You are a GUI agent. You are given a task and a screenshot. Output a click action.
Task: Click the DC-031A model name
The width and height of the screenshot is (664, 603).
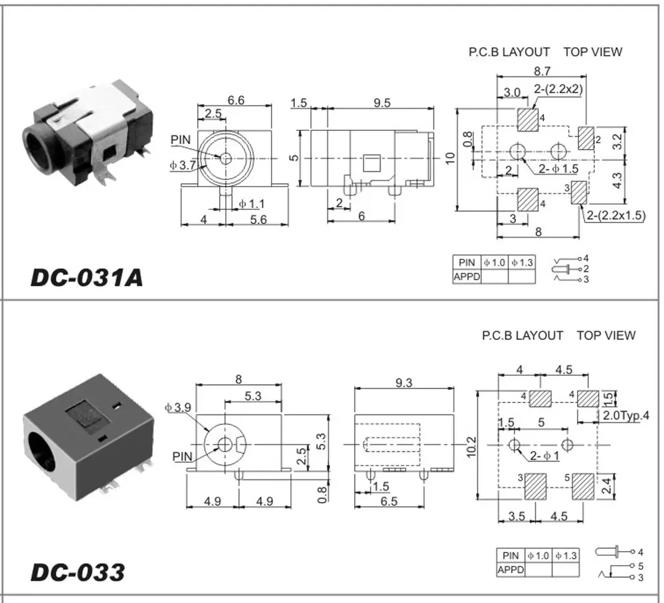click(x=86, y=277)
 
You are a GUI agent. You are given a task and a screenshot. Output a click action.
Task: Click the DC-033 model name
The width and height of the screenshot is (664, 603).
click(x=77, y=572)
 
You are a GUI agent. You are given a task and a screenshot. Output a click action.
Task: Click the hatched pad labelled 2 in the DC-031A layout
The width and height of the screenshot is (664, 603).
click(x=586, y=139)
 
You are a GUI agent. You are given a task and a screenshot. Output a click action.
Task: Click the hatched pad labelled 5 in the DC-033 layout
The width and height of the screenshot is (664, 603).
click(x=583, y=486)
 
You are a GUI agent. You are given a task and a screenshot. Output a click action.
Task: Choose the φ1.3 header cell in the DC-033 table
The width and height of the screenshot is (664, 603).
click(x=566, y=555)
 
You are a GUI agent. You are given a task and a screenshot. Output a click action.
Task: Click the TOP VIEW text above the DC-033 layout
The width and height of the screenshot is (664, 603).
click(x=606, y=336)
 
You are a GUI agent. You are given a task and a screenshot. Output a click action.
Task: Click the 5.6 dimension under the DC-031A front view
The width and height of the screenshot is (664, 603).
click(x=258, y=220)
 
